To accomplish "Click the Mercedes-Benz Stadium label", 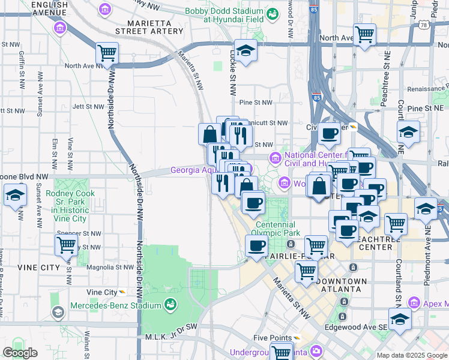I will tap(124, 305).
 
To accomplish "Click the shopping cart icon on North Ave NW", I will tap(107, 53).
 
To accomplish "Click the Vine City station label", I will tap(101, 292).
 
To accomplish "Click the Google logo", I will tap(20, 353).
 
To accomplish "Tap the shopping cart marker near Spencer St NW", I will tap(66, 245).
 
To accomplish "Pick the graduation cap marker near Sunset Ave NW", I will tap(15, 195).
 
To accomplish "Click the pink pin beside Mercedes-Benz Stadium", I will tap(171, 305).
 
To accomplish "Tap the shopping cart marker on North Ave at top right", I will tap(364, 35).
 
